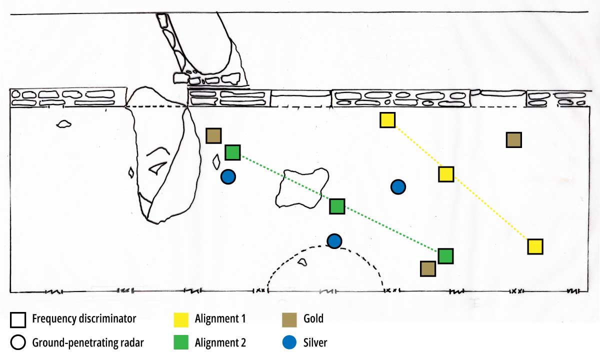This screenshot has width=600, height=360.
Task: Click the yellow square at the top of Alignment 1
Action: (x=387, y=120)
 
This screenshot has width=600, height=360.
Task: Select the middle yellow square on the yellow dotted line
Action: (x=446, y=174)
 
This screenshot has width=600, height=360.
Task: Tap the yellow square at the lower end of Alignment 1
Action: (x=535, y=246)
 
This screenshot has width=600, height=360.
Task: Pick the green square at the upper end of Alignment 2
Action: (x=232, y=152)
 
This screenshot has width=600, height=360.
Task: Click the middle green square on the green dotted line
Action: (x=337, y=206)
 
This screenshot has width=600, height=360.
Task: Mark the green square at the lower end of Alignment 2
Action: (x=445, y=256)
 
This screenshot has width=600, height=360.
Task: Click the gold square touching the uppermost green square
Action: (x=214, y=135)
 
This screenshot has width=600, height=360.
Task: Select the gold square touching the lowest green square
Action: (x=427, y=268)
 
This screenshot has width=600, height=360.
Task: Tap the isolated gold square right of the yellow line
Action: (x=514, y=140)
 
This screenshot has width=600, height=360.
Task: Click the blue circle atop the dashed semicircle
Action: (x=334, y=241)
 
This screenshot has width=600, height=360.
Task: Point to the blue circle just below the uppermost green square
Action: (x=228, y=176)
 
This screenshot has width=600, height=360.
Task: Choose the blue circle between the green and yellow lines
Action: (x=398, y=187)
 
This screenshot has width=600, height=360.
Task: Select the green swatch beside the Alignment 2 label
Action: (x=181, y=342)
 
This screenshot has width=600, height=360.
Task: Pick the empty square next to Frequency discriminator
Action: (x=18, y=318)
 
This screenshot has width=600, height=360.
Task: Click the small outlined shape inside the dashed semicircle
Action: (x=301, y=262)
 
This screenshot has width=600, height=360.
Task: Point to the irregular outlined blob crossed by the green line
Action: (x=301, y=188)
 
